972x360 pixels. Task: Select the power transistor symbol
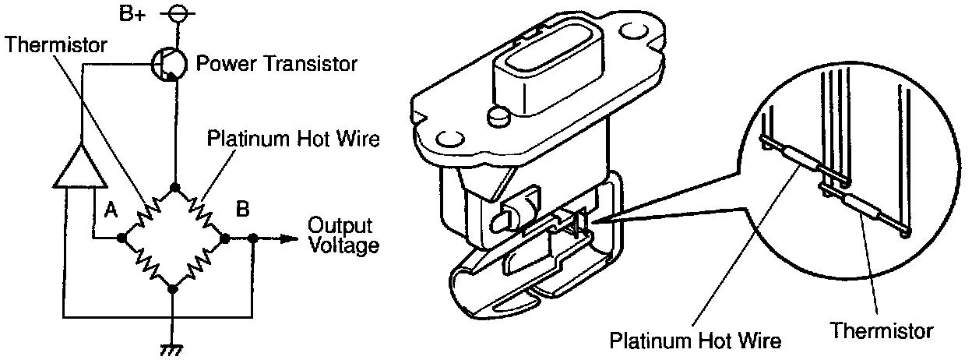pos(168,63)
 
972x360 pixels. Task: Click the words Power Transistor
pos(276,63)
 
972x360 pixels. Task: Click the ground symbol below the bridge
pos(173,348)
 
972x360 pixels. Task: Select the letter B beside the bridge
pos(243,209)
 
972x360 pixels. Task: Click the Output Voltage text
pos(343,235)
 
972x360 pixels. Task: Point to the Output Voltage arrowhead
pos(293,238)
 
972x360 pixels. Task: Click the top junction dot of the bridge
pos(174,188)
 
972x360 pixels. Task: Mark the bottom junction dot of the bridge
pos(173,289)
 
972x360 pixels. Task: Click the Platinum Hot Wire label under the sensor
pos(696,341)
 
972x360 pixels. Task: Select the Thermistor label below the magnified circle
pos(881,330)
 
